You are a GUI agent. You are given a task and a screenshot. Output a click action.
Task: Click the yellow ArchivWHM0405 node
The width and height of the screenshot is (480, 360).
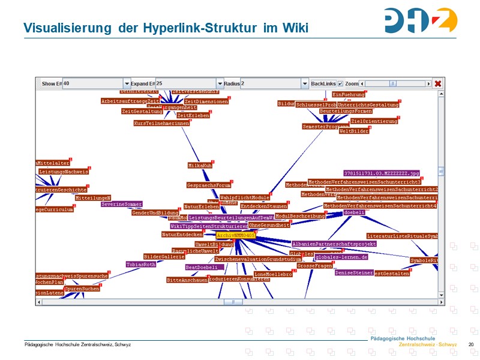[x=236, y=236]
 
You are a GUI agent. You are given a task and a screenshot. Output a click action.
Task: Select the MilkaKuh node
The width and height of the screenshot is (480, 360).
[x=200, y=165]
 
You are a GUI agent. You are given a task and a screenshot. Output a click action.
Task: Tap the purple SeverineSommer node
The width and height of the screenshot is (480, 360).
[x=121, y=204]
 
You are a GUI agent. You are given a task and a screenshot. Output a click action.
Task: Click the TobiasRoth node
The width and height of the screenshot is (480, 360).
[x=141, y=264]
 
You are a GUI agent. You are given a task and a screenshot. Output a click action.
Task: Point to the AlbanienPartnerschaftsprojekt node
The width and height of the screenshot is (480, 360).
[x=334, y=244]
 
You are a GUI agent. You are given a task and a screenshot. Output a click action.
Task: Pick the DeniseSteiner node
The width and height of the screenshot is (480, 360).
[x=354, y=272]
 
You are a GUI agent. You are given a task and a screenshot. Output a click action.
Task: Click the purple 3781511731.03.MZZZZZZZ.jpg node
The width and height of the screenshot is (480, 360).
[x=382, y=173]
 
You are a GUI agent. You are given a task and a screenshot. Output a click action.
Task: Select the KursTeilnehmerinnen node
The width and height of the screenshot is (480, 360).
[x=161, y=123]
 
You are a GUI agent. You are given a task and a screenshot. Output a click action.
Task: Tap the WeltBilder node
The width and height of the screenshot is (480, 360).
[x=354, y=131]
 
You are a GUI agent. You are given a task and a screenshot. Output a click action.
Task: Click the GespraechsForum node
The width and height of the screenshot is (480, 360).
[x=209, y=185]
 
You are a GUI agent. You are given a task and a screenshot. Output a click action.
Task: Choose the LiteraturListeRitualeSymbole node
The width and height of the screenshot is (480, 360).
[x=403, y=236]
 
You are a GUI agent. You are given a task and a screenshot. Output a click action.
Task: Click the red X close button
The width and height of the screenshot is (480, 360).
[x=438, y=84]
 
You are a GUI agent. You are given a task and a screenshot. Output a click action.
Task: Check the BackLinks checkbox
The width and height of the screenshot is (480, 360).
[x=340, y=84]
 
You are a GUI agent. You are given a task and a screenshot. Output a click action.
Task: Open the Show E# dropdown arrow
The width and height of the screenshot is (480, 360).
[x=127, y=84]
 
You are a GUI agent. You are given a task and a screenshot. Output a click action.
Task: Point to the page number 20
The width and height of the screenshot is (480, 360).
[x=471, y=344]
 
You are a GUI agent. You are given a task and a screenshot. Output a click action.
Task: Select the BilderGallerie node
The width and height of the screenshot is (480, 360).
[x=164, y=256]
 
